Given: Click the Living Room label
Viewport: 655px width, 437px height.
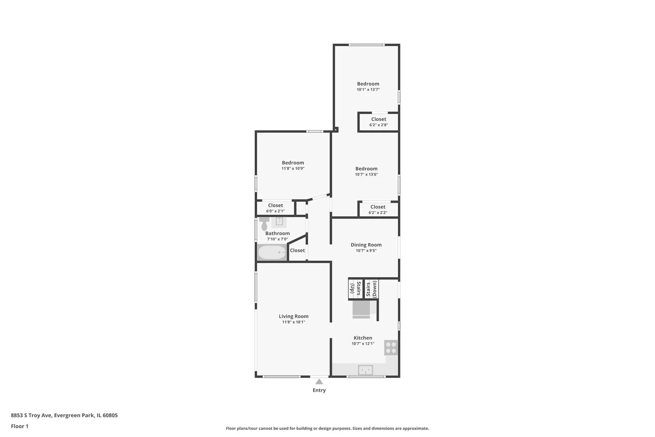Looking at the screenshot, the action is tap(293, 316).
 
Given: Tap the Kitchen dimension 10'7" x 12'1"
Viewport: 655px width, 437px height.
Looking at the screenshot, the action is tap(363, 344).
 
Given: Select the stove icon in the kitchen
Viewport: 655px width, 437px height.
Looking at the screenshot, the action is tap(391, 348).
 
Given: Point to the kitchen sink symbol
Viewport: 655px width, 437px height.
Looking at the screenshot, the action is tap(366, 370).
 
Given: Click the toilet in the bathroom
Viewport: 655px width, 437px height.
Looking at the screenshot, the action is tap(264, 224).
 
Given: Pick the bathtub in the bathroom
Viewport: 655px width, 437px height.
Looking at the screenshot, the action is tap(272, 252).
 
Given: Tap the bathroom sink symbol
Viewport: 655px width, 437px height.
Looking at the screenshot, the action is tap(279, 222).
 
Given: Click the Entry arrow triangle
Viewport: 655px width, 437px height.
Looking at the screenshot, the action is tap(319, 382).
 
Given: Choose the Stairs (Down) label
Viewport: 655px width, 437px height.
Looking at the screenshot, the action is tap(371, 289).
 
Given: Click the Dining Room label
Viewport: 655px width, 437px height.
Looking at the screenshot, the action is tap(366, 245).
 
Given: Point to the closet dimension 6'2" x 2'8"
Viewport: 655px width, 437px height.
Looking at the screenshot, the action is tap(379, 125).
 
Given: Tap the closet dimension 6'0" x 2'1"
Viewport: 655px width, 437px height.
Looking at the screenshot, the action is tap(275, 211).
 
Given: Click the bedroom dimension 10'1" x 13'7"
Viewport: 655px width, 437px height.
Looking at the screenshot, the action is tap(368, 89).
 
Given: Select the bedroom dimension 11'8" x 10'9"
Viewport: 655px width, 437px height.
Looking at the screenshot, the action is tap(293, 169).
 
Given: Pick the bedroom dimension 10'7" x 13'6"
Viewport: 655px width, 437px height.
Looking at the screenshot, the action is tap(366, 174).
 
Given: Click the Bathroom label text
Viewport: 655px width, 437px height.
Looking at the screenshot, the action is tap(277, 233).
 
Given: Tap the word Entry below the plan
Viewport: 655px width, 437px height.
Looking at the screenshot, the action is tap(319, 390).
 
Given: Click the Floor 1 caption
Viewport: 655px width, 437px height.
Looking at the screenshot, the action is tap(19, 426).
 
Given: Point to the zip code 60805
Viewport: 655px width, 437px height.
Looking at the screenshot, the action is tap(110, 415).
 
